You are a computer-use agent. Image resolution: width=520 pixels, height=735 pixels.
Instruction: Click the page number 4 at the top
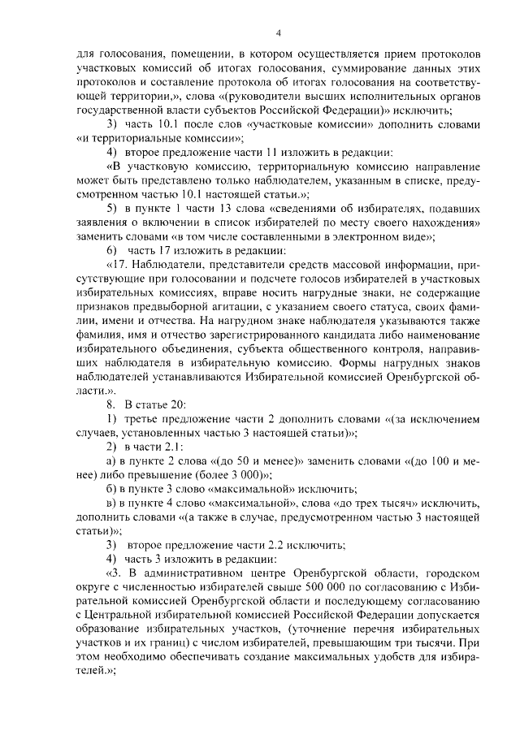coord(278,33)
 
